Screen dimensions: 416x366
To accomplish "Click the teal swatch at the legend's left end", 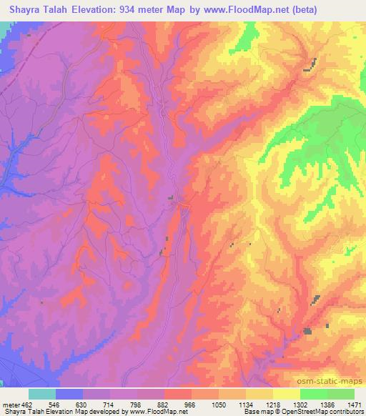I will pos(42,394).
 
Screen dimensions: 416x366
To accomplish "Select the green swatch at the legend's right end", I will pos(341,394).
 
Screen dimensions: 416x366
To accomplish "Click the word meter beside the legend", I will pos(10,404).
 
